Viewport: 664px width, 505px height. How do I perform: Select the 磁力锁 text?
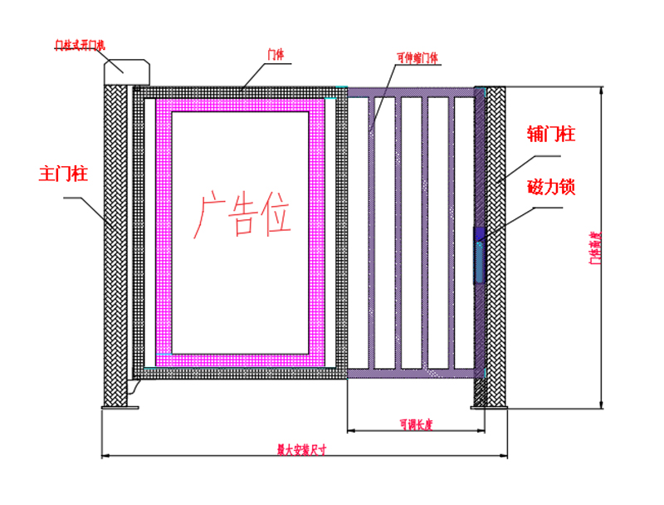(551, 187)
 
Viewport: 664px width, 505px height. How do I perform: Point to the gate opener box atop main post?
(126, 70)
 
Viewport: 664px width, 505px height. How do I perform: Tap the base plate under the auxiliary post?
(489, 407)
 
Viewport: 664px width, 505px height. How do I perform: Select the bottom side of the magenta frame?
(247, 358)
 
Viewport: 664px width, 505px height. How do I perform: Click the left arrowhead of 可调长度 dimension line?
(349, 431)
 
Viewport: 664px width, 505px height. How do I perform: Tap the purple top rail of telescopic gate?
(410, 91)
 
